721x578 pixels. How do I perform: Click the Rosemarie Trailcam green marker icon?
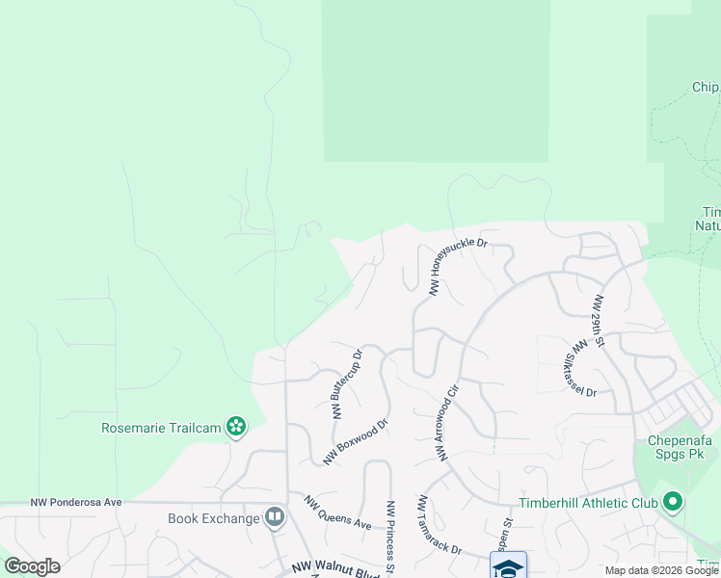(235, 426)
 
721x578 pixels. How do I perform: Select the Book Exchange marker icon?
(275, 518)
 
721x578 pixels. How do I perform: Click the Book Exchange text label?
(214, 518)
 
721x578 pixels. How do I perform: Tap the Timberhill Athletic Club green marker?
(673, 502)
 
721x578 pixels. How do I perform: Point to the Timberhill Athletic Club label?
(588, 503)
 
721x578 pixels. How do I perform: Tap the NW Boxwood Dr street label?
(355, 441)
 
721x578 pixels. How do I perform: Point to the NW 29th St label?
(599, 320)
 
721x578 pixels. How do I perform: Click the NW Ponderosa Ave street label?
(76, 502)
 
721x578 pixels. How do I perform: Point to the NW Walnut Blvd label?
(324, 571)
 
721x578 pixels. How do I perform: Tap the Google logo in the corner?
(32, 566)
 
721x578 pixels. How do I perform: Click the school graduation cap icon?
(508, 566)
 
